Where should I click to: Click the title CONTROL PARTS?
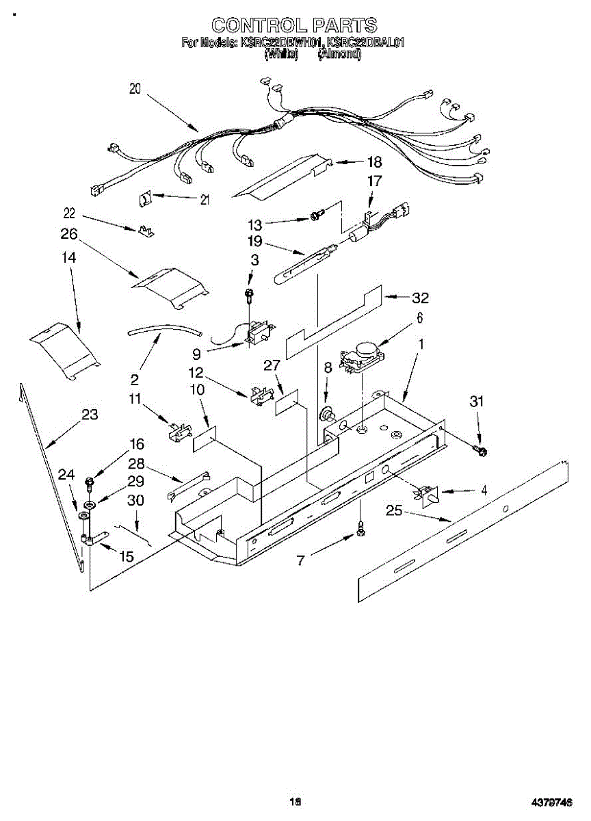point(294,25)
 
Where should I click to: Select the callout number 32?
point(420,298)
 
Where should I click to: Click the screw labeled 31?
point(480,449)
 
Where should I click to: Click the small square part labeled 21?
point(145,199)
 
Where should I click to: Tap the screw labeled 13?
point(316,216)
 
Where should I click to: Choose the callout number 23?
point(90,415)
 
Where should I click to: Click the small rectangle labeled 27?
point(287,404)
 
